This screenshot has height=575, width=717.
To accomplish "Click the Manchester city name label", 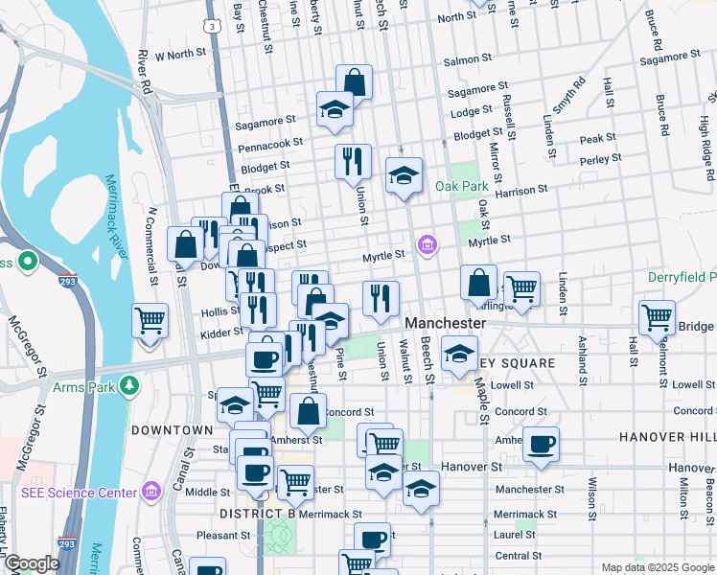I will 445,324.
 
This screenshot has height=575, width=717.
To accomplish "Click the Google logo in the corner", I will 31,563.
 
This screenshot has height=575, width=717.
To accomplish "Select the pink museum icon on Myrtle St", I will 428,246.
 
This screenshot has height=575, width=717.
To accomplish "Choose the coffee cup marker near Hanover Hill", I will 541,444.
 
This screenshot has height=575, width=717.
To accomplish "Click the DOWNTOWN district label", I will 172,430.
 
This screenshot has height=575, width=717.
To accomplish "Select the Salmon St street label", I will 467,59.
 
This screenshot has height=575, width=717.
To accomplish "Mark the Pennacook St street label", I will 272,141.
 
